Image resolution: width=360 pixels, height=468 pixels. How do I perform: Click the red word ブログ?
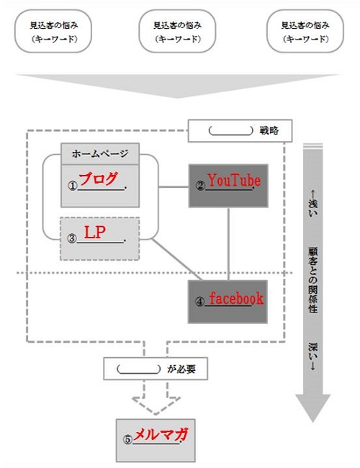98,179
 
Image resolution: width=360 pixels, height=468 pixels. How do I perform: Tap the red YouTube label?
234,180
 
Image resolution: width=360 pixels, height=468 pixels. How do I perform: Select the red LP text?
95,232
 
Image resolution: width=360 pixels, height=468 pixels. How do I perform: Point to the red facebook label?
236,298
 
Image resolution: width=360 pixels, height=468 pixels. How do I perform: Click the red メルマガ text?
161,435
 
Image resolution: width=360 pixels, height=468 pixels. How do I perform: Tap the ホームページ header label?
100,153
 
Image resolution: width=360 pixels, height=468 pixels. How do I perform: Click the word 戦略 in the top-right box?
269,130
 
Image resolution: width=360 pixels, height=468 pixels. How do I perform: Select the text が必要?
181,369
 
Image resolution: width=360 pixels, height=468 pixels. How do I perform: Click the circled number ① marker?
73,186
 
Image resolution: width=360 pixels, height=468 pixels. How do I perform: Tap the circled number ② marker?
201,186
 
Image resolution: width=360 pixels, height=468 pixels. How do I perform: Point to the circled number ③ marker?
72,238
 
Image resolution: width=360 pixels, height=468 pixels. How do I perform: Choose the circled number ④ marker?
199,302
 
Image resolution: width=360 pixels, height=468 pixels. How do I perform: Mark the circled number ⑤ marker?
127,440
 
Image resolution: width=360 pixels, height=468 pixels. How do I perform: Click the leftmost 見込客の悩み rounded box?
53,32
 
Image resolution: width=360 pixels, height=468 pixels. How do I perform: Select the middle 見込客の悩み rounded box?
177,32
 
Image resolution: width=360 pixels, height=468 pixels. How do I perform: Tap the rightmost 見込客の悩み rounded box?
305,32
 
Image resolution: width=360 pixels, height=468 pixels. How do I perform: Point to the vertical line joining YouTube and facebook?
229,244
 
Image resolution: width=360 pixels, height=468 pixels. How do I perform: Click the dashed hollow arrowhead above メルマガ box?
156,405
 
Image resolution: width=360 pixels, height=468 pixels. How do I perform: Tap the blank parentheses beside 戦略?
230,131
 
